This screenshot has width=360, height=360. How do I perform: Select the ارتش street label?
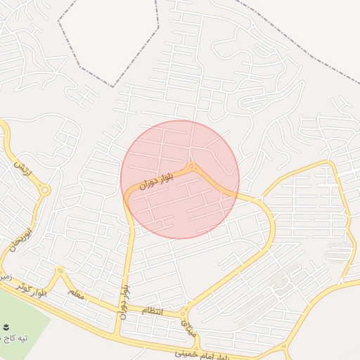coord(19,168)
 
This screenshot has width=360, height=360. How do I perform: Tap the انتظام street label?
coord(152,311)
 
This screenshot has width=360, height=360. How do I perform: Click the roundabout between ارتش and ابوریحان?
coord(45,190)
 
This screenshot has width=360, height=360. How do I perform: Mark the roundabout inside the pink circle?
coord(191,166)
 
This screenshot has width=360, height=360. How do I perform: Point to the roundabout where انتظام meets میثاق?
coord(184,314)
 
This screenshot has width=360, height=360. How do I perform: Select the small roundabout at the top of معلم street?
coord(60,270)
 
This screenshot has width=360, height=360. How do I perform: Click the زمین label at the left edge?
coord(5,276)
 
